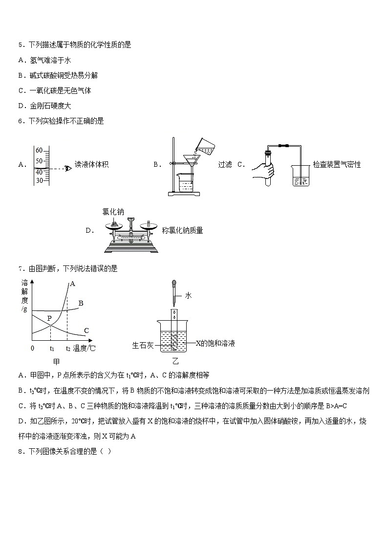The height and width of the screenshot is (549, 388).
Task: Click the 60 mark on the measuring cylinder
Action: point(40,151)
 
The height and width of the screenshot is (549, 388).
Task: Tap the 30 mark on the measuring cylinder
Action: point(40,180)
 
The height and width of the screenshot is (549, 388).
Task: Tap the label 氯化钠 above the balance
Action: point(113,212)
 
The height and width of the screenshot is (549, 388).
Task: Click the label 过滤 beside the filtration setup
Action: point(225,165)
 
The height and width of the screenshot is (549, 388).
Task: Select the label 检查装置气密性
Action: point(337,165)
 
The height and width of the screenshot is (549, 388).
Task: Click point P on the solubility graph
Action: point(49,318)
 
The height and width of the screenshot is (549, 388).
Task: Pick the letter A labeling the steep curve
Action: point(72,284)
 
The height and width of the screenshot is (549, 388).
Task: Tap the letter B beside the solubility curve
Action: point(81,303)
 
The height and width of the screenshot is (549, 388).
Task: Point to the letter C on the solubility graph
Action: point(86,331)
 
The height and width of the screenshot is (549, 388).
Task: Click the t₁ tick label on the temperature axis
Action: point(52,349)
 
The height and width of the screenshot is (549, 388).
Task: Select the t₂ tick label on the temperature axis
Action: point(68,349)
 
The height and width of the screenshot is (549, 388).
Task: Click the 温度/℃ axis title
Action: point(85,349)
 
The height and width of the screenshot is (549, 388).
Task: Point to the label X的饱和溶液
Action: point(215,343)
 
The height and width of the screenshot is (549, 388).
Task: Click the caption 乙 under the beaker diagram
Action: point(175,362)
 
